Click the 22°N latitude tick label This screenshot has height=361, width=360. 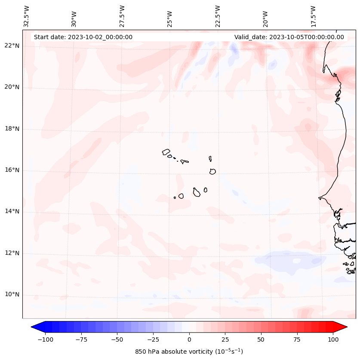point(12,46)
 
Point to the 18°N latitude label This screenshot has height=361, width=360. point(12,129)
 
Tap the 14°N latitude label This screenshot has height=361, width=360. point(12,212)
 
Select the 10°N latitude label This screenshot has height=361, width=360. point(12,295)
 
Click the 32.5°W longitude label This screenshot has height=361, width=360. point(27,16)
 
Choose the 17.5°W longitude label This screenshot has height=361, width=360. point(313,16)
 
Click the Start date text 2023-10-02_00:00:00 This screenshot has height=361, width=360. point(83,37)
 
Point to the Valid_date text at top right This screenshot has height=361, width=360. point(289,37)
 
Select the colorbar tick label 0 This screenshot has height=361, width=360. point(189,339)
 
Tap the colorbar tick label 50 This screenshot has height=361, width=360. point(261,339)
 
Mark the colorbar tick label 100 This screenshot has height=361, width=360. point(333,339)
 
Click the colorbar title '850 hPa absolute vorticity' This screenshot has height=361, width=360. point(189,352)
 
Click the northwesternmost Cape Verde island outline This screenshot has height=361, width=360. point(166,152)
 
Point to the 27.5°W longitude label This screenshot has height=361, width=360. point(122,16)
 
